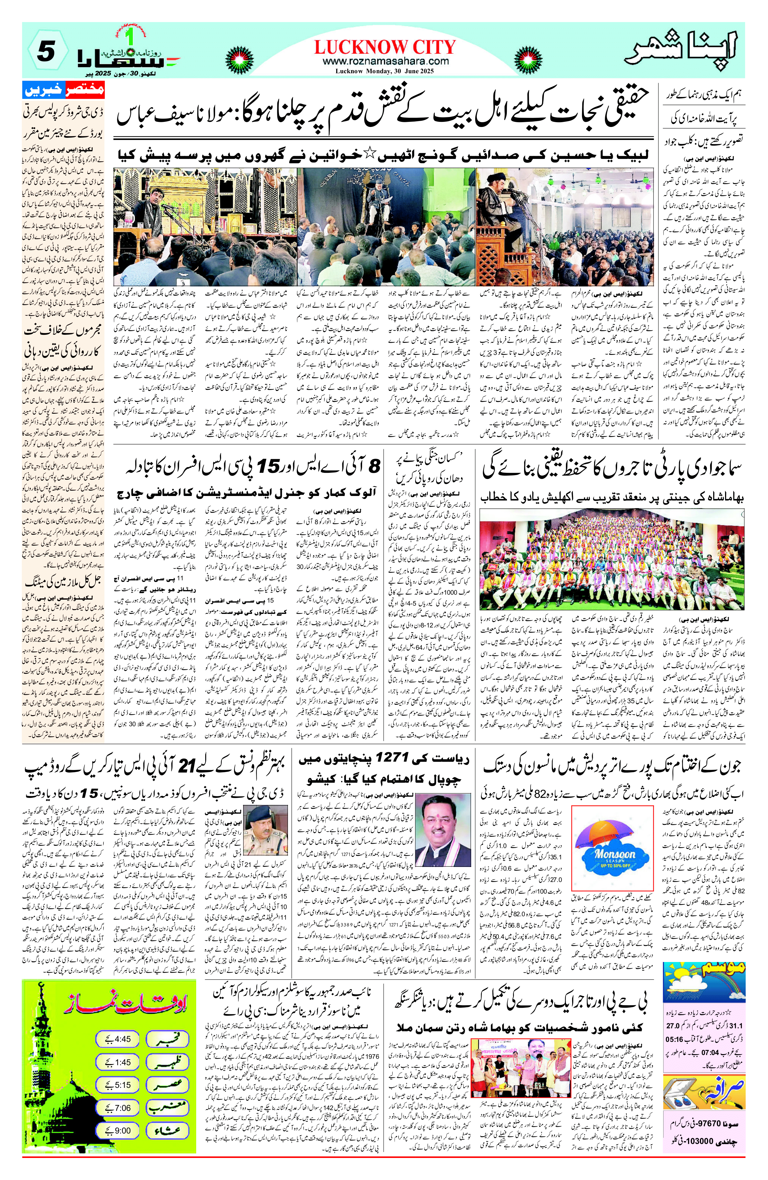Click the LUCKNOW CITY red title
pyautogui.click(x=384, y=47)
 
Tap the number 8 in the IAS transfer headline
pyautogui.click(x=374, y=466)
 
